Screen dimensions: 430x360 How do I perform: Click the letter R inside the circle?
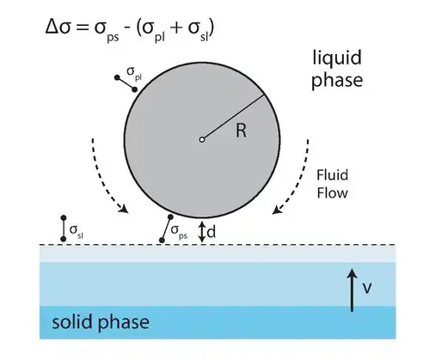click(241, 131)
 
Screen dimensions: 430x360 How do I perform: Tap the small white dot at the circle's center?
click(202, 140)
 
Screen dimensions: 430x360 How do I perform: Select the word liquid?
click(337, 58)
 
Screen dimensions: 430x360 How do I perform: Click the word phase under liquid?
click(337, 81)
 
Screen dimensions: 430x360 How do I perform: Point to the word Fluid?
click(332, 175)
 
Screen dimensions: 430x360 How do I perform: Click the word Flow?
click(332, 193)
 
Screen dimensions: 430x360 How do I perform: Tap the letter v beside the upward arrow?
click(367, 288)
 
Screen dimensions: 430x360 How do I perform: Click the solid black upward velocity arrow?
click(352, 290)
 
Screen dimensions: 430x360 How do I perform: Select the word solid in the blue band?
click(76, 321)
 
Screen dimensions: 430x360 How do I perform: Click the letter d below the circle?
click(212, 232)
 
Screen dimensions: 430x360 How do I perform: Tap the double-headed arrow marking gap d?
click(202, 232)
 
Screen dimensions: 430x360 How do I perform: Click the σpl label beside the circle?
click(134, 73)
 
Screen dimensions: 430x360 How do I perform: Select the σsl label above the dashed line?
click(77, 231)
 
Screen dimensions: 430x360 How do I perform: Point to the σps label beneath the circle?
click(179, 231)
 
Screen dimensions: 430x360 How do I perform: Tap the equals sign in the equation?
click(83, 28)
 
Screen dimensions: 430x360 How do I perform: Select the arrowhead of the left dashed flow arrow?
click(124, 209)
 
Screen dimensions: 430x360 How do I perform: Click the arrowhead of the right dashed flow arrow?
click(277, 210)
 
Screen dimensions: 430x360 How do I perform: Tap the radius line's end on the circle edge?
click(263, 95)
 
